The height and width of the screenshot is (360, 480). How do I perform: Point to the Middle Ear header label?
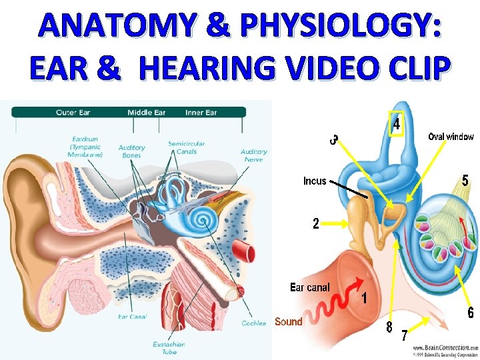(x=146, y=113)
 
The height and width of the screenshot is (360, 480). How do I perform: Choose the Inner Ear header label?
(x=201, y=113)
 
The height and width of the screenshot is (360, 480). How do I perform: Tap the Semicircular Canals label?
(x=186, y=147)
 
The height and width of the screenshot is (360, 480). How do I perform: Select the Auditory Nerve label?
(x=254, y=155)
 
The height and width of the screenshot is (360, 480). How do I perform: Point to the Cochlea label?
(x=253, y=323)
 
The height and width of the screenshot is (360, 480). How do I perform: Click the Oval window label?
(x=451, y=137)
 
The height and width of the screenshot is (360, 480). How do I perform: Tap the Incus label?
(x=315, y=181)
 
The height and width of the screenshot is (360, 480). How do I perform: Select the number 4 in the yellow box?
(x=396, y=125)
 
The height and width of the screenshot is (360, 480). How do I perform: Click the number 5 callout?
(x=465, y=181)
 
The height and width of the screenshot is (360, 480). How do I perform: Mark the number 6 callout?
(x=471, y=313)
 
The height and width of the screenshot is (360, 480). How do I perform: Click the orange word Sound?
(x=289, y=322)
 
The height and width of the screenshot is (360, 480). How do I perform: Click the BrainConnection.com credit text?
(x=445, y=348)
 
